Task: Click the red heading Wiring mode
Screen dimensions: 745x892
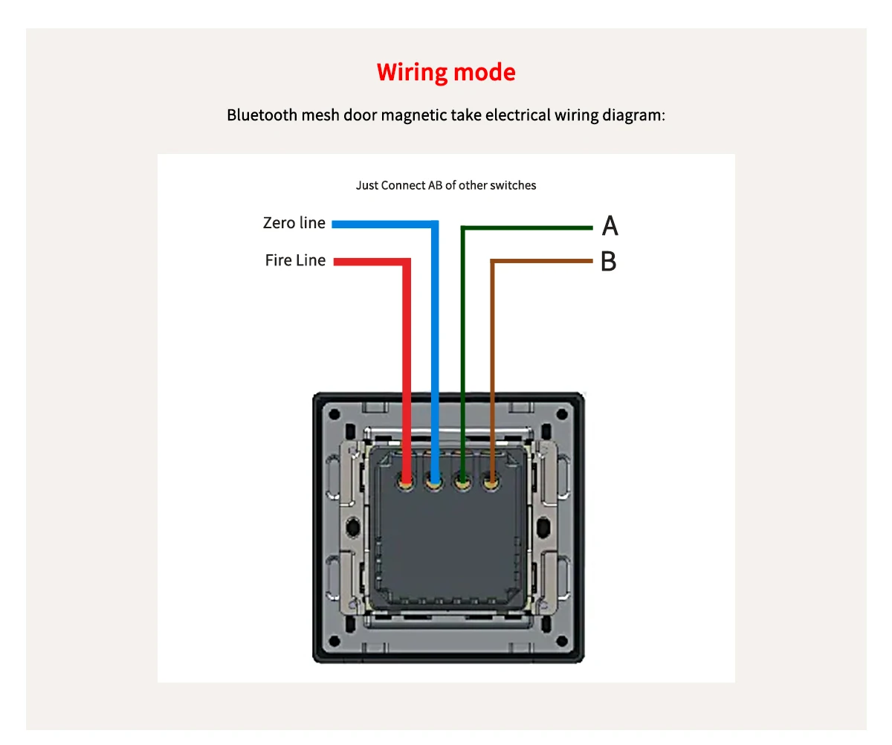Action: (x=446, y=72)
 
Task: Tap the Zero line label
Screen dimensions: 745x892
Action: (x=294, y=223)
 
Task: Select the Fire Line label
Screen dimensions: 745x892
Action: (x=295, y=260)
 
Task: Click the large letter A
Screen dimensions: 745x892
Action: (x=610, y=225)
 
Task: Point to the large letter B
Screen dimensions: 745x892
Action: (x=608, y=262)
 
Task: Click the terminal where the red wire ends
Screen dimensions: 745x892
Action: (x=407, y=483)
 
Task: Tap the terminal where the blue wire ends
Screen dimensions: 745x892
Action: (x=434, y=483)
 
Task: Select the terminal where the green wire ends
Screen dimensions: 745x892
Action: (x=462, y=483)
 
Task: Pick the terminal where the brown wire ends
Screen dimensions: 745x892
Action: (x=491, y=483)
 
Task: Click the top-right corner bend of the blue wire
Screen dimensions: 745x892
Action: (x=434, y=224)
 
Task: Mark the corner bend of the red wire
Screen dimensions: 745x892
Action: (x=407, y=262)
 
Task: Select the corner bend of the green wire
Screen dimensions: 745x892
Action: (x=463, y=228)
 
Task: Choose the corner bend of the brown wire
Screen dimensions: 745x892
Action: (x=491, y=262)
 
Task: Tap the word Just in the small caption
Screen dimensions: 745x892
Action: (x=367, y=185)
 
